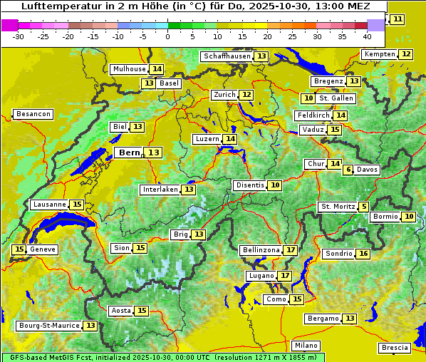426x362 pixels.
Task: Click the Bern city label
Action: (130, 152)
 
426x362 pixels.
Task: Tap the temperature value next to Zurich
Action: (246, 95)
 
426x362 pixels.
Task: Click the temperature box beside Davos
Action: (348, 170)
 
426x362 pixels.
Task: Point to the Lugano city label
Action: (260, 276)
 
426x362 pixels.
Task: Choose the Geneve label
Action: (43, 249)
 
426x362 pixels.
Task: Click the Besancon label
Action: (33, 114)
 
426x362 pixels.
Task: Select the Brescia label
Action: (395, 348)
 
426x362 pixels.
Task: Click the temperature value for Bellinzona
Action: (290, 250)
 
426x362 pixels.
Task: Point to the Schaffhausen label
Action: (226, 56)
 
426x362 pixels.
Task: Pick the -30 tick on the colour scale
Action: (19, 36)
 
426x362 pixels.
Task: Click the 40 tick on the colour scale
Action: (367, 36)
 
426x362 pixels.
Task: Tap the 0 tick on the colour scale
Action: (167, 36)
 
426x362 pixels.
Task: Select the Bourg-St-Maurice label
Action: (48, 326)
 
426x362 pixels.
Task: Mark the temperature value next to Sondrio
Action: (363, 254)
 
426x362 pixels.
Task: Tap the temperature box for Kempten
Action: (406, 54)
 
